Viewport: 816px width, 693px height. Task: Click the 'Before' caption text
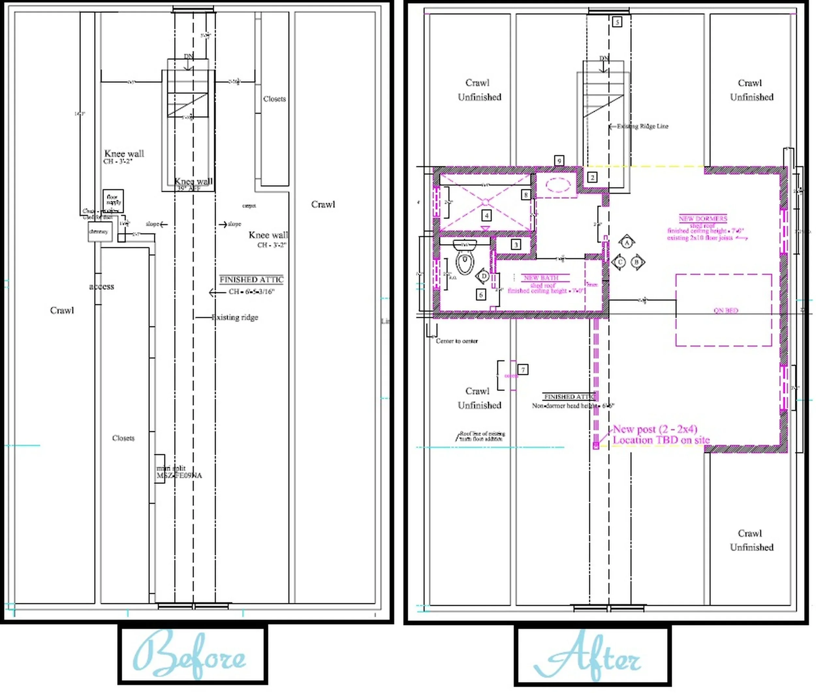click(x=191, y=655)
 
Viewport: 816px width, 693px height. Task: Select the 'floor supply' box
click(x=113, y=200)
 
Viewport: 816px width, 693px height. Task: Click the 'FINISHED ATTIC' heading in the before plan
click(x=251, y=280)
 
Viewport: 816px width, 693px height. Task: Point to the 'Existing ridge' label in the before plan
click(x=235, y=317)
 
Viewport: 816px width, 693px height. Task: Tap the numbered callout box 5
click(x=617, y=22)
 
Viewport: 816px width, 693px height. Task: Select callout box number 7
click(x=523, y=370)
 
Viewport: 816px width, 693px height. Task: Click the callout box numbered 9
click(x=559, y=160)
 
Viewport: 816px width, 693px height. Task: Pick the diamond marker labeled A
click(x=627, y=243)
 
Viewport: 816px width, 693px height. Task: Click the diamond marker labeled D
click(x=484, y=276)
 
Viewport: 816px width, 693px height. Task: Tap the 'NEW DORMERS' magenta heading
click(x=703, y=218)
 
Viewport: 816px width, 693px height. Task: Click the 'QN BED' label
click(x=726, y=310)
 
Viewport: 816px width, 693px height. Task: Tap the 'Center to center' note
click(x=457, y=341)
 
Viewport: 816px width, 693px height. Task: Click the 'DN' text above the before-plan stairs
click(x=189, y=56)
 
